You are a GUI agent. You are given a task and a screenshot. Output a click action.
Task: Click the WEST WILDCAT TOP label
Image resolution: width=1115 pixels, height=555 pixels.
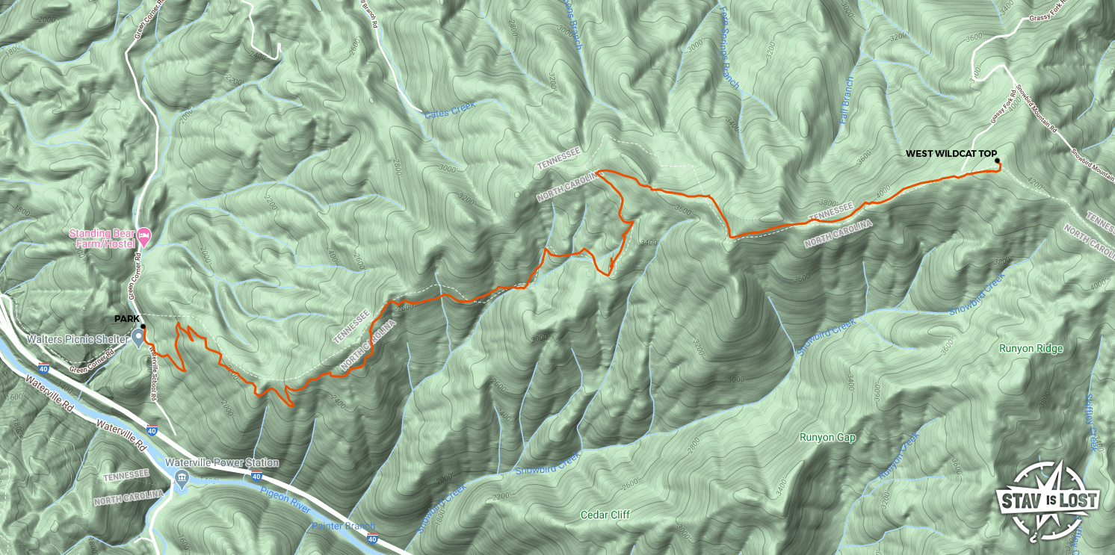tap(951, 154)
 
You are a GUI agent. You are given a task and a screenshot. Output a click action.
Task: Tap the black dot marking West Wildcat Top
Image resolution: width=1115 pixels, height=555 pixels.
tap(997, 161)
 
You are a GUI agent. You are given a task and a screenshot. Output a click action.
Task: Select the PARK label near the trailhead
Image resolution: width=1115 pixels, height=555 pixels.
tap(126, 319)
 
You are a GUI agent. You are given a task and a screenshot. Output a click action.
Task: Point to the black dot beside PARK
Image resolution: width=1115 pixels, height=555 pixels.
tap(143, 326)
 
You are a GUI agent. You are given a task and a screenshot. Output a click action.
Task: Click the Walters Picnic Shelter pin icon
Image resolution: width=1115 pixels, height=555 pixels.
tap(139, 338)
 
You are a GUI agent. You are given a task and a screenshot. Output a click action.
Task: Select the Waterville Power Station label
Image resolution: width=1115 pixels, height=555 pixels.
tap(222, 463)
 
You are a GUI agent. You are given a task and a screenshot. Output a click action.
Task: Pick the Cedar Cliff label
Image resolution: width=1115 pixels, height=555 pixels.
tap(605, 515)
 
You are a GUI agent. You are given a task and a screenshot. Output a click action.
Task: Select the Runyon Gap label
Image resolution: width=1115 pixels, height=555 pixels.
tap(827, 437)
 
